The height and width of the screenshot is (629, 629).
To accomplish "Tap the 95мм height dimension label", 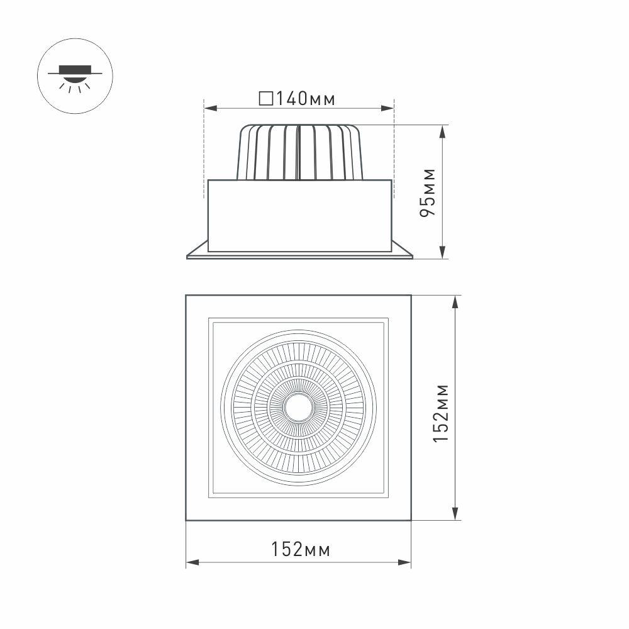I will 428,192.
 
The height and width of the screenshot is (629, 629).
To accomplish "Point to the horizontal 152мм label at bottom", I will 301,549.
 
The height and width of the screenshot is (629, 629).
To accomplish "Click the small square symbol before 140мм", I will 265,99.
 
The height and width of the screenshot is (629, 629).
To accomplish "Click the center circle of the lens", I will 298,408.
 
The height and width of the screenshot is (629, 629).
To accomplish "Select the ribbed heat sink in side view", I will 299,152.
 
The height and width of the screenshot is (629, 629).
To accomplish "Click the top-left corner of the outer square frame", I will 186,296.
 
